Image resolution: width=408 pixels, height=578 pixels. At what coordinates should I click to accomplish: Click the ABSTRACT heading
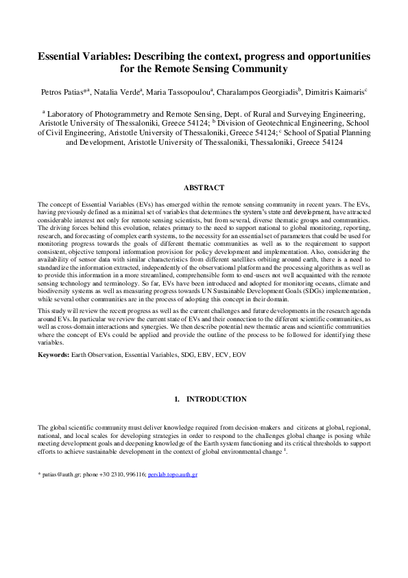point(204,187)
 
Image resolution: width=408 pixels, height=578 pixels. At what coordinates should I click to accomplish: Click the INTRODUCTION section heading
point(216,399)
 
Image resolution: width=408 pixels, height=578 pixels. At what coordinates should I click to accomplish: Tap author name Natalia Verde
point(117,90)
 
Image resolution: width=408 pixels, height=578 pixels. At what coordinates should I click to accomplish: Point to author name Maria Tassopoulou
point(179,90)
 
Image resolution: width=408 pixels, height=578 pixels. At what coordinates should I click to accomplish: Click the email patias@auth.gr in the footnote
point(57,474)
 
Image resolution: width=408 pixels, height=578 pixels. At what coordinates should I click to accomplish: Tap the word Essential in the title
point(65,56)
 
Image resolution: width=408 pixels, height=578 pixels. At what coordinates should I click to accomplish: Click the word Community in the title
point(256,69)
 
